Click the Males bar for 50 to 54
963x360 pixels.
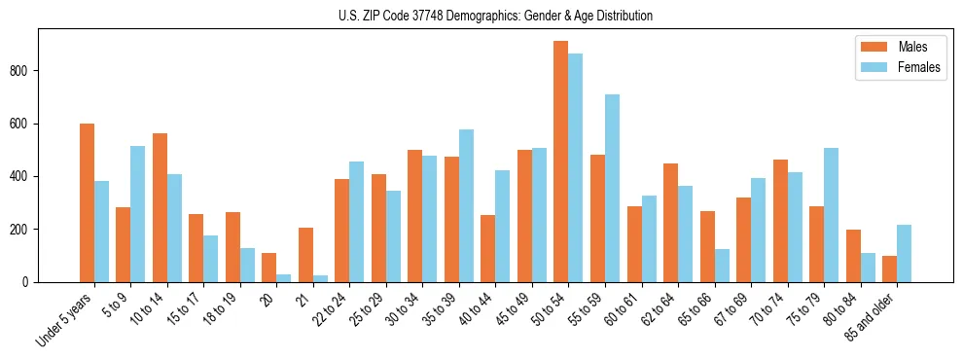561,162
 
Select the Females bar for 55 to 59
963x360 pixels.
612,188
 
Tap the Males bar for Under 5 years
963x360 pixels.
87,202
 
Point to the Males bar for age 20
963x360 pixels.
269,268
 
